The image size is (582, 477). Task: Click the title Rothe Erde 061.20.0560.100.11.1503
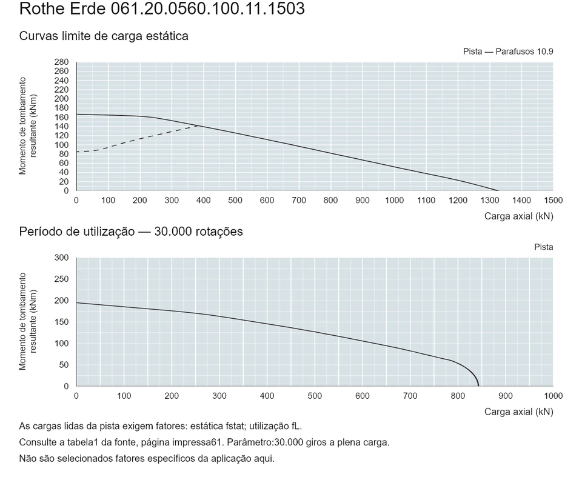pyautogui.click(x=162, y=8)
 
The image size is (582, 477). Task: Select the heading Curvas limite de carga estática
pyautogui.click(x=104, y=36)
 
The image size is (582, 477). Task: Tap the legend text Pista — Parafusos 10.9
pyautogui.click(x=508, y=52)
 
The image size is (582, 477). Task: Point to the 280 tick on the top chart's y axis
pyautogui.click(x=62, y=62)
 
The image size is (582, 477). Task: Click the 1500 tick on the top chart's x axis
pyautogui.click(x=554, y=201)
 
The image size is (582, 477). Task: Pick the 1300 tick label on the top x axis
pyautogui.click(x=490, y=201)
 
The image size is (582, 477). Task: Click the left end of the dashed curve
pyautogui.click(x=77, y=152)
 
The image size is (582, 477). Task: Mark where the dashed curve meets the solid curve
pyautogui.click(x=199, y=126)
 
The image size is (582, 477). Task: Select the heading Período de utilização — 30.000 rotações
pyautogui.click(x=131, y=232)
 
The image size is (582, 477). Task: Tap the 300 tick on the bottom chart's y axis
pyautogui.click(x=62, y=258)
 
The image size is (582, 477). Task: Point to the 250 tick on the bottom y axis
pyautogui.click(x=62, y=279)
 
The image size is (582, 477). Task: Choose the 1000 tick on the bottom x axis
pyautogui.click(x=554, y=396)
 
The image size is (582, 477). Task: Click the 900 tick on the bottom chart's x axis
pyautogui.click(x=506, y=396)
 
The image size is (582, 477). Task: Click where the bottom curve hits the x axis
pyautogui.click(x=478, y=386)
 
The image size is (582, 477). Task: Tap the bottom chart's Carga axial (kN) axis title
pyautogui.click(x=519, y=412)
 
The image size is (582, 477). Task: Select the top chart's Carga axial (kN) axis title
pyautogui.click(x=519, y=216)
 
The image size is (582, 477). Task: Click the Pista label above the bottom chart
pyautogui.click(x=544, y=247)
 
